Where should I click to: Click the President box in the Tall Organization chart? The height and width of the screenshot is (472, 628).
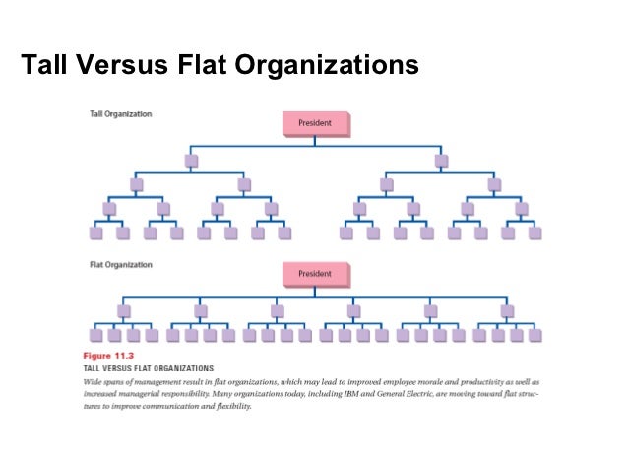(315, 123)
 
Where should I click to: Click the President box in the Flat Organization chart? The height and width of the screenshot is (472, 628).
(315, 273)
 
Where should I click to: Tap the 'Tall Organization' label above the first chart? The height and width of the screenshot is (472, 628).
(121, 114)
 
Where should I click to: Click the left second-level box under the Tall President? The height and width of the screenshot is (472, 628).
(190, 160)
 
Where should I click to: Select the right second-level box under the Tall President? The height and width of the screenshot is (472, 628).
(441, 160)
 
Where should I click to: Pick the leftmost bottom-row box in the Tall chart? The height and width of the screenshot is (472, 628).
(96, 234)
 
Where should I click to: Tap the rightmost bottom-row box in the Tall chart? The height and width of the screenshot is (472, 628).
(534, 234)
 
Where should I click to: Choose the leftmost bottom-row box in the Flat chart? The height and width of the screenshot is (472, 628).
(96, 335)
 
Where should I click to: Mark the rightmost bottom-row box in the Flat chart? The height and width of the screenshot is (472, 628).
(534, 335)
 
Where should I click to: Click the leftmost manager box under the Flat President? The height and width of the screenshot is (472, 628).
(124, 310)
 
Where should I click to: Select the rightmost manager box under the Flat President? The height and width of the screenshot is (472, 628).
(507, 310)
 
